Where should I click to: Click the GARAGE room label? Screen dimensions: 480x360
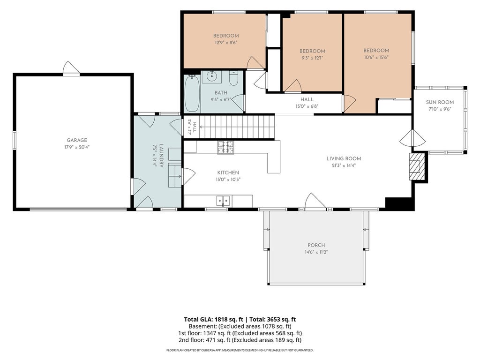coord(77,140)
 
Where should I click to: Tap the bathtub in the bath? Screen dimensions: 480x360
coord(192,93)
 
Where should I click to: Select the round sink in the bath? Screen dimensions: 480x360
coord(211,76)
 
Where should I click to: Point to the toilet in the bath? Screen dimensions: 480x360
coord(233,79)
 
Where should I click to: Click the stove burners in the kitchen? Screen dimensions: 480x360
coord(225,147)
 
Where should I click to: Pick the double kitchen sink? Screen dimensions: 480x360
coord(223,201)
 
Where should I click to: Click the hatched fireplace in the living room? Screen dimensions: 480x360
coord(417,166)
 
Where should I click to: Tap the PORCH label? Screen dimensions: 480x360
coord(316,245)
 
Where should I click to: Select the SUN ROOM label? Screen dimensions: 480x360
coord(440,102)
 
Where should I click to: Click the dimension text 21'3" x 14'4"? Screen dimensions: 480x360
coord(344,165)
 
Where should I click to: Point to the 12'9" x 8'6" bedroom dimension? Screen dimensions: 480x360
coord(226,43)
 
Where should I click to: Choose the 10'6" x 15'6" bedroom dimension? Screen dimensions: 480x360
coord(376,57)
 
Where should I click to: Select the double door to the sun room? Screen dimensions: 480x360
coord(412,138)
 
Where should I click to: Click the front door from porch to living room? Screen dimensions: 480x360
coord(315,202)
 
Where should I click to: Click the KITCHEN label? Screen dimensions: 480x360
coord(228,172)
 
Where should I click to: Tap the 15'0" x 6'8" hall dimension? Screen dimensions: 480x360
coord(307,106)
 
